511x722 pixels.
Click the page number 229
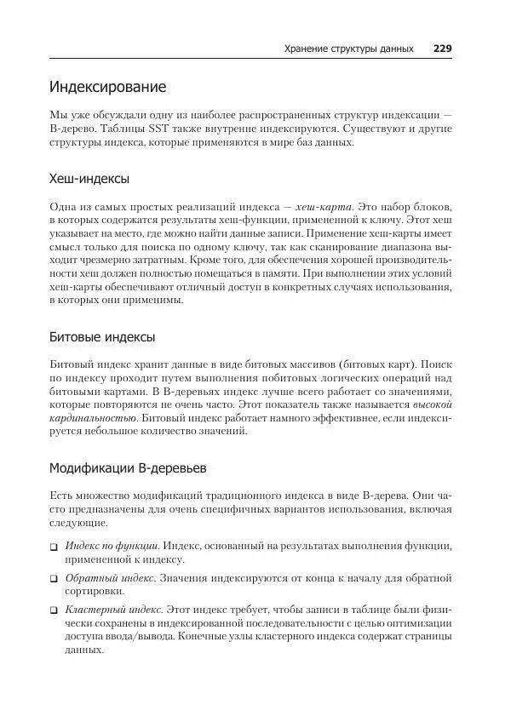(442, 49)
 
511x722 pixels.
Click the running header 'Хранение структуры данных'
(348, 49)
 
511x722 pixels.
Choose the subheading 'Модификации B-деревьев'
(127, 468)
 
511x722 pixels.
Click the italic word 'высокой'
(432, 404)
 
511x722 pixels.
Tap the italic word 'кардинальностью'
(93, 419)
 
